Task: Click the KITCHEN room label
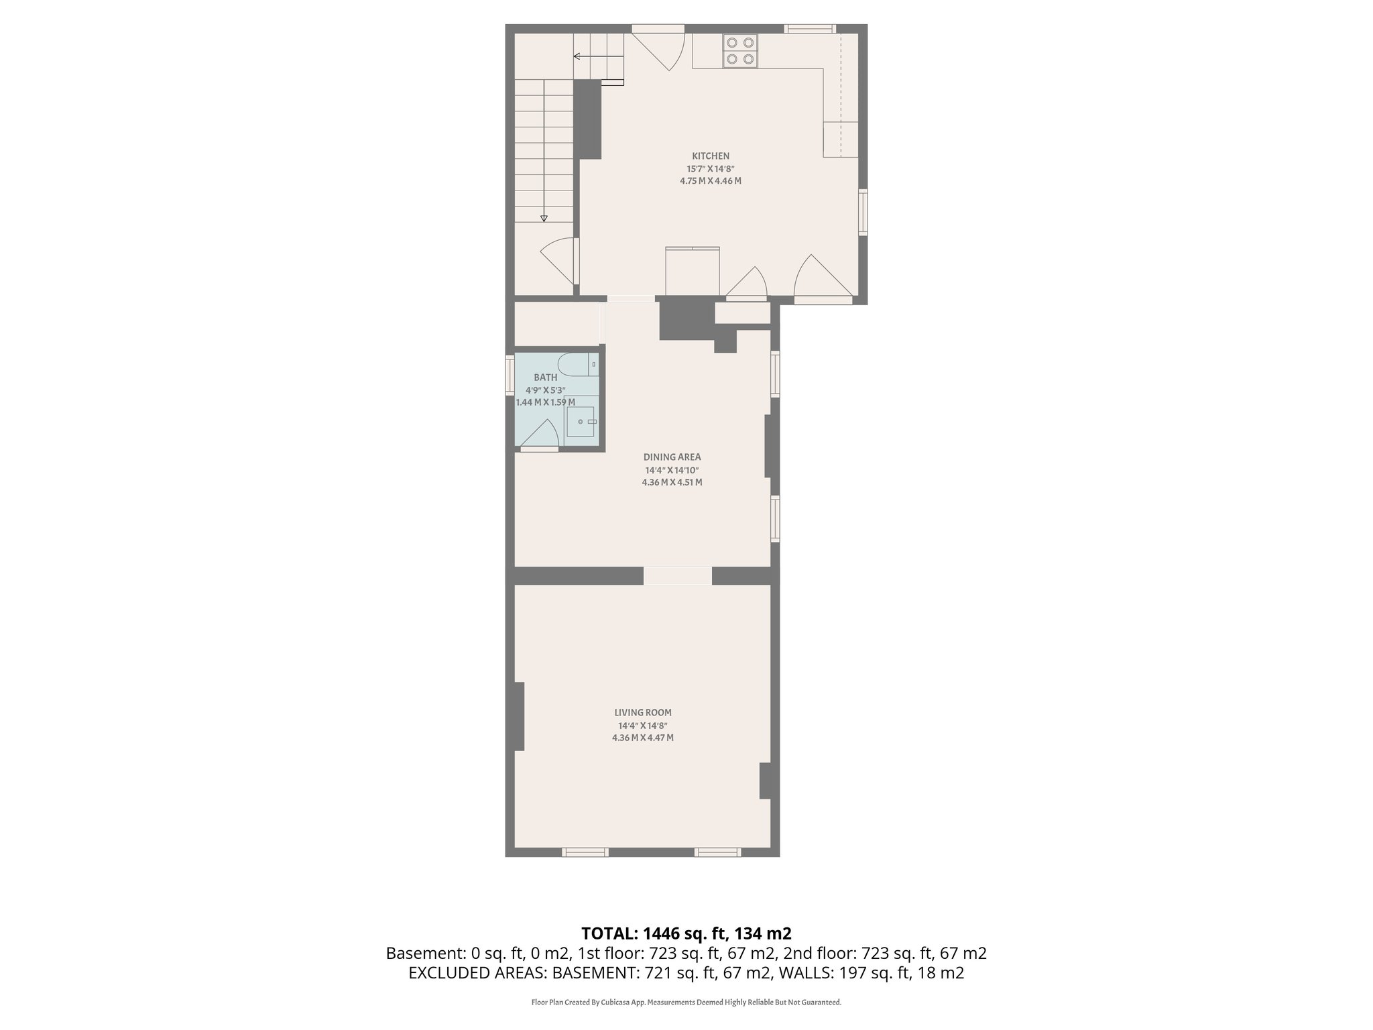coord(710,156)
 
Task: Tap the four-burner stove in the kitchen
coord(740,52)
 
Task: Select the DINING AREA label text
coord(672,457)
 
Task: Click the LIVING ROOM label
coord(642,713)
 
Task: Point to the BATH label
coord(545,378)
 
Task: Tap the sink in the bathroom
coord(581,422)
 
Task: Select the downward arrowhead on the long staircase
coord(544,218)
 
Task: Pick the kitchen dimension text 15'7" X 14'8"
coord(710,169)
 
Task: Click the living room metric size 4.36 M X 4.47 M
coord(642,738)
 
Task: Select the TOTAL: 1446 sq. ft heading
coord(686,933)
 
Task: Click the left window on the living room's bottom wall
coord(585,852)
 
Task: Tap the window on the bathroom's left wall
coord(509,376)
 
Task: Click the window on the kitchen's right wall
coord(863,212)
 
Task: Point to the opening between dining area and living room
coord(678,576)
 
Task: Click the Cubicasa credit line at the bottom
coord(686,1003)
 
